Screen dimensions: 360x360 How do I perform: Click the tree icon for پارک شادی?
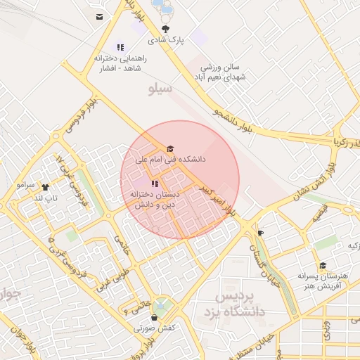coord(165,29)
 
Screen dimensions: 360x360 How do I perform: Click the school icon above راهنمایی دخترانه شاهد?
coord(120,47)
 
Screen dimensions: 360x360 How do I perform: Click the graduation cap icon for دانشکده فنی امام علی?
coord(169,148)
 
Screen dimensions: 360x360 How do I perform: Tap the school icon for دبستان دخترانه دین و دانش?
coord(154,184)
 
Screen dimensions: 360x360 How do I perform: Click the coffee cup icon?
coord(261,233)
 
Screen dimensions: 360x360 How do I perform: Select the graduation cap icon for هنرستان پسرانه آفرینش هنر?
coord(323,265)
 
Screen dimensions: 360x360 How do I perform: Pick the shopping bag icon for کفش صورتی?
coord(154,317)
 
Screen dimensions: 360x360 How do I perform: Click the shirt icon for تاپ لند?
coord(46,187)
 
